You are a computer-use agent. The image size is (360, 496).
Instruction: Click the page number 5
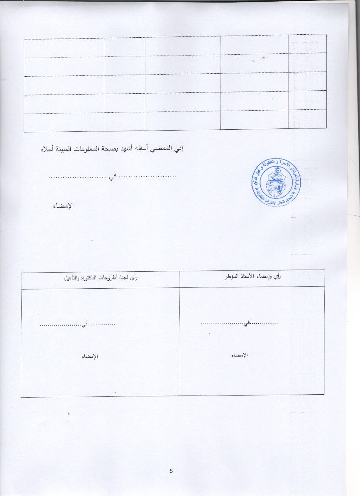pos(171,471)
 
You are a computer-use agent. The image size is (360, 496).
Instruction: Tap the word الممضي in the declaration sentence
pos(165,149)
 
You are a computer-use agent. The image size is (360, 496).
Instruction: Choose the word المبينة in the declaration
pos(64,149)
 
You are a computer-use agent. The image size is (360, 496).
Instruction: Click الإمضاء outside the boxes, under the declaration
pos(64,206)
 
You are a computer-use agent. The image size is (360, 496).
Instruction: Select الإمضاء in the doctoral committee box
pos(90,357)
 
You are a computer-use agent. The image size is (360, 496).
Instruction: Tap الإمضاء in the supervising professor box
pos(239,355)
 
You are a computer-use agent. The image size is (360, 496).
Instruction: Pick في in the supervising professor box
pos(247,323)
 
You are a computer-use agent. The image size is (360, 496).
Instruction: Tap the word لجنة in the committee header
pos(125,278)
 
